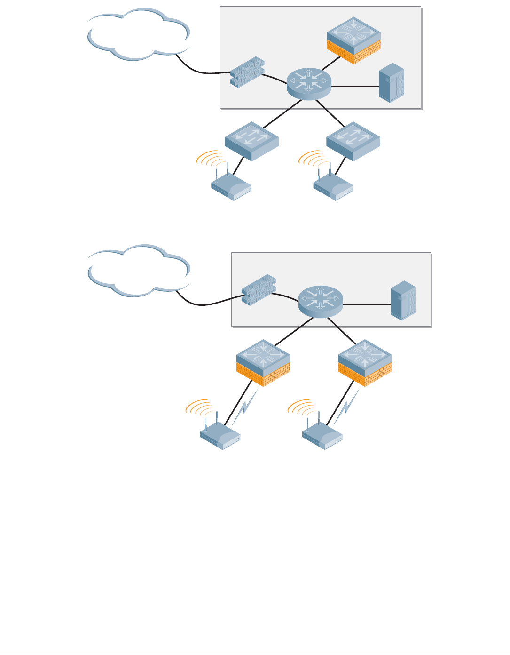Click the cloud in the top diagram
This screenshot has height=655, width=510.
(139, 34)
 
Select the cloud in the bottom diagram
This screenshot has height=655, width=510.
(139, 271)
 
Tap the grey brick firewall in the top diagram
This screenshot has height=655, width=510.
(247, 72)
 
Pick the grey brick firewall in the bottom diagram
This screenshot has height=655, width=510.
(258, 289)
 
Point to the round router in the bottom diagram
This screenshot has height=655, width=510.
(321, 302)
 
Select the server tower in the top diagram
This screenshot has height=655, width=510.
(392, 83)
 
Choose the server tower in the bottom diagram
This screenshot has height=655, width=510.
(403, 301)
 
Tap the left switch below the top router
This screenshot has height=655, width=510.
(251, 141)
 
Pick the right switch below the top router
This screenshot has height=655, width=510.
(353, 141)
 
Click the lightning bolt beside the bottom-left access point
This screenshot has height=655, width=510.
(245, 407)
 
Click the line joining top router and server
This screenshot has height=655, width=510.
(355, 87)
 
